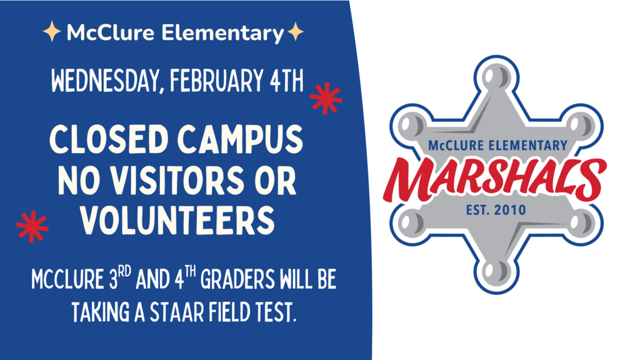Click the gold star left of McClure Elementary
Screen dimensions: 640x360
52,32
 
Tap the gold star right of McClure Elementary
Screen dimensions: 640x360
295,32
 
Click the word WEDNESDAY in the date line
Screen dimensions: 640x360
105,81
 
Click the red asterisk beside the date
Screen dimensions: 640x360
326,98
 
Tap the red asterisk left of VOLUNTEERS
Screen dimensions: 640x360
32,226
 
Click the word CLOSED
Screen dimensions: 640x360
109,139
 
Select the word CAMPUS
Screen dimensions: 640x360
241,139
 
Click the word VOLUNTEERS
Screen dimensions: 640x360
177,221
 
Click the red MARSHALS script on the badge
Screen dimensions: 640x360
495,179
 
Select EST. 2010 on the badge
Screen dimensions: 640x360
496,210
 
